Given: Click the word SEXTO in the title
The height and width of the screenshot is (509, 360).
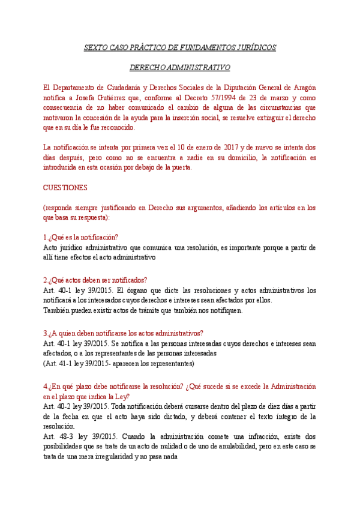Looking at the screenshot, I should click(94, 47).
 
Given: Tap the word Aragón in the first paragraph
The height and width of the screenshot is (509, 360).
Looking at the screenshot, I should click(304, 88).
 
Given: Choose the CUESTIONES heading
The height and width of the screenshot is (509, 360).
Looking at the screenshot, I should click(65, 187).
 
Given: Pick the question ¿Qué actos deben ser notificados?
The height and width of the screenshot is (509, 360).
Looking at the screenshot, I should click(97, 280).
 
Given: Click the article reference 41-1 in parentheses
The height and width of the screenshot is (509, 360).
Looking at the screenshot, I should click(64, 364).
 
